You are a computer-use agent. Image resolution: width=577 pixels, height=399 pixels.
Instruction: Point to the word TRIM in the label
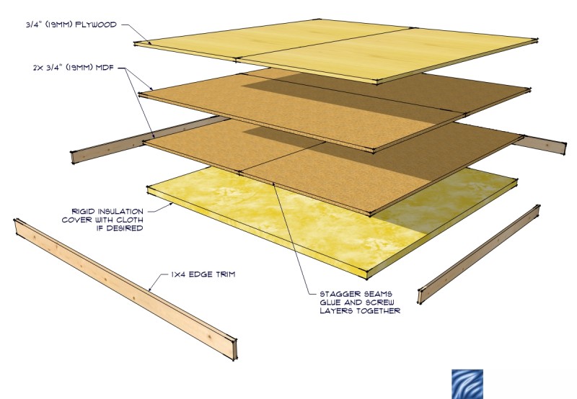(x=226, y=274)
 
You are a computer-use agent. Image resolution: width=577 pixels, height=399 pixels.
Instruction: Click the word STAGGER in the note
(x=337, y=294)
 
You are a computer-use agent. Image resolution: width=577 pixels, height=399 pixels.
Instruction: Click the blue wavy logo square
(x=467, y=384)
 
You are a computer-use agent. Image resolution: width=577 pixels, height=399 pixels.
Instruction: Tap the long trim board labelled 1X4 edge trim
(x=125, y=288)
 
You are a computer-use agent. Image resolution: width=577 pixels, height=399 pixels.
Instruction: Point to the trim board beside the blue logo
(x=479, y=254)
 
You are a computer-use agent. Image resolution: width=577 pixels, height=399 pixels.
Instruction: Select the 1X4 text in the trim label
(x=178, y=274)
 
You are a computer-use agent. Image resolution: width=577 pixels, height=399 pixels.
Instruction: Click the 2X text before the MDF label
(x=38, y=68)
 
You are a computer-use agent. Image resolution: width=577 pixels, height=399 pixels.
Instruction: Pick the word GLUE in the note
(x=330, y=302)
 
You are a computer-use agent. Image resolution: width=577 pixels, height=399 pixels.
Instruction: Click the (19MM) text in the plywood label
(x=59, y=25)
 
